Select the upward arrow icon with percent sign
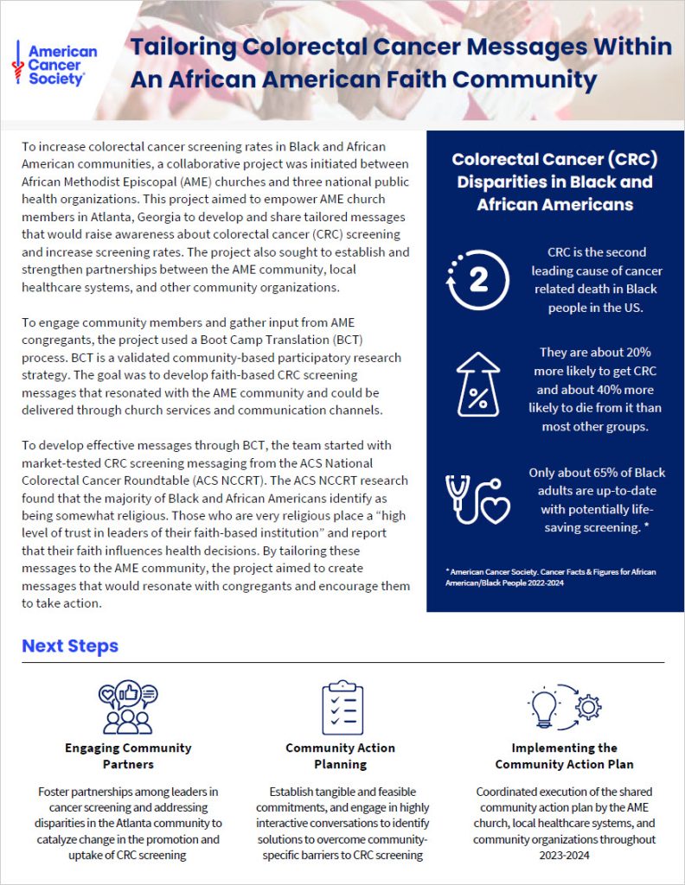[477, 385]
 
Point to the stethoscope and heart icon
[477, 500]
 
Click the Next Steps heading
[70, 646]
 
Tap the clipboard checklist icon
[342, 707]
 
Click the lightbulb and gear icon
[565, 707]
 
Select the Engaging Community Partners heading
[128, 755]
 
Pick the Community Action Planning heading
[341, 755]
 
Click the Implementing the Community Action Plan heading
[564, 755]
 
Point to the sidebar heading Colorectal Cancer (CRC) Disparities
[554, 181]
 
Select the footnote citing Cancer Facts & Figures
[554, 578]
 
